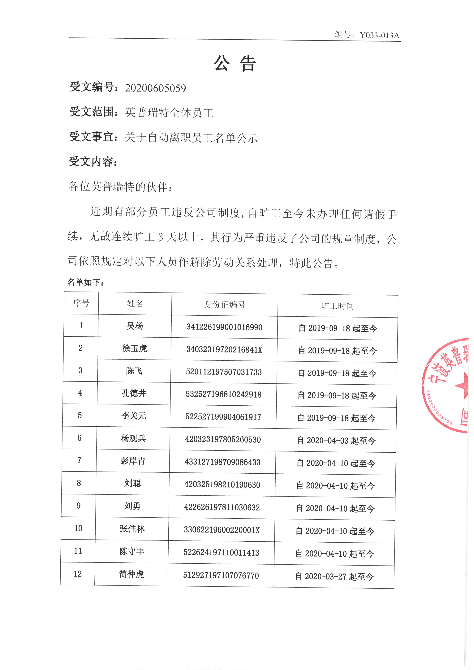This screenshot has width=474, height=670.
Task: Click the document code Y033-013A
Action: [x=379, y=35]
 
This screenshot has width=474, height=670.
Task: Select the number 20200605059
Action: [x=156, y=88]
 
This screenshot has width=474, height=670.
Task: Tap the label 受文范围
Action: [x=91, y=112]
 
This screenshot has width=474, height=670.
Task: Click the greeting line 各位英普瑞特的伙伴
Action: [x=120, y=187]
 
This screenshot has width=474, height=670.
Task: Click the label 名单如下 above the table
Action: [x=85, y=282]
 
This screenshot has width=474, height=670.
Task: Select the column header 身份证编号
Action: [x=225, y=305]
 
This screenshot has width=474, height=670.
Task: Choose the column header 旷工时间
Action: [x=338, y=306]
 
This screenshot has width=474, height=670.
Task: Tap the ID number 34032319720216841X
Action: [x=224, y=350]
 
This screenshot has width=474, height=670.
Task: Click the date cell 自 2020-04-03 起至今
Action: [x=336, y=441]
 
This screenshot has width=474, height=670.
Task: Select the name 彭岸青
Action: [x=133, y=461]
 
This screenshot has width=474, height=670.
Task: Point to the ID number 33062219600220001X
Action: [x=222, y=530]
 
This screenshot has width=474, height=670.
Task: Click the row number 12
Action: [x=78, y=574]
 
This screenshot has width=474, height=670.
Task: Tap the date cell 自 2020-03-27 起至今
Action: [x=334, y=577]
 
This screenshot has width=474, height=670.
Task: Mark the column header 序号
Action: [x=81, y=303]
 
